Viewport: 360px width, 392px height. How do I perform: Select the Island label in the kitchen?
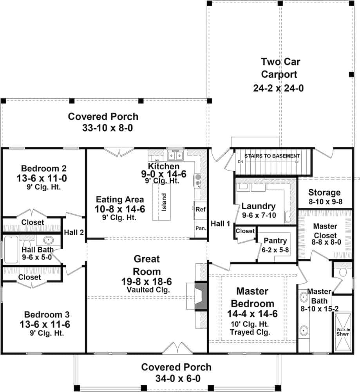pos(164,201)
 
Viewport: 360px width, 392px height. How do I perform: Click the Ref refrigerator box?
pos(200,209)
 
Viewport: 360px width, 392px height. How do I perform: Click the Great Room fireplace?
pos(201,292)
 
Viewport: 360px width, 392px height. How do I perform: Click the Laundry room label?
pos(258,206)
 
